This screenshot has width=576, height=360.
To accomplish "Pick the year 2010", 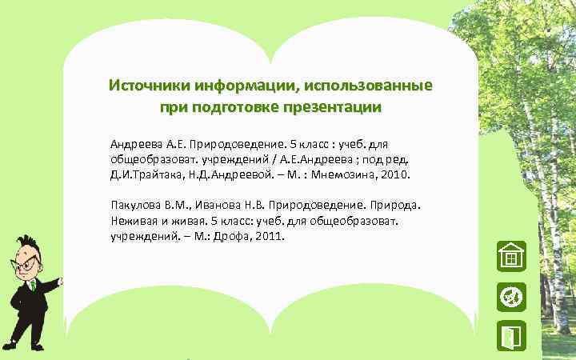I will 394,174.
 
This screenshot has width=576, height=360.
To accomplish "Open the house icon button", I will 510,257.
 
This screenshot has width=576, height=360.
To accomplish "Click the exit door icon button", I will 510,337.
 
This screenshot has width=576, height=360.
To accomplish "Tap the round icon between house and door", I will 510,297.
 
